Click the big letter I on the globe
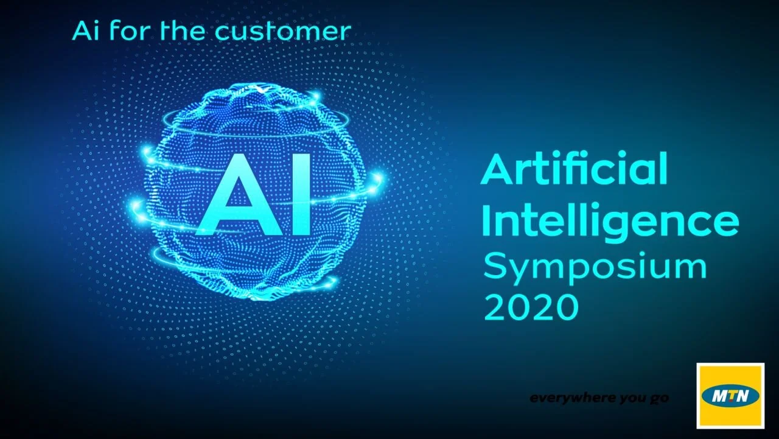click(x=299, y=195)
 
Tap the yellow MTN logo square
click(x=730, y=395)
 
